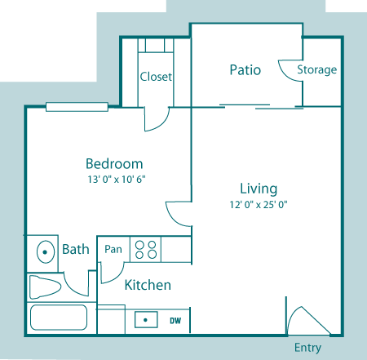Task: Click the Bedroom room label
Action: coord(115,163)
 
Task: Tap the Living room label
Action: coord(259,189)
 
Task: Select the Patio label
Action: coord(245,69)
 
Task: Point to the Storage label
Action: coord(316,69)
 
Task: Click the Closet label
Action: coord(156,77)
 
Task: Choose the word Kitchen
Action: coord(148,285)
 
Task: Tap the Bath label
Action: coord(76,249)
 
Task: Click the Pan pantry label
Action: coord(113,247)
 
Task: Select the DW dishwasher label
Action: coord(175,321)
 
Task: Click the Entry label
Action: coord(307,348)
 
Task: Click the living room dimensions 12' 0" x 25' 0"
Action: coord(259,205)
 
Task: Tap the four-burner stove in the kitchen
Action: coord(145,249)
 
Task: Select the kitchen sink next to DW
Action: coord(145,320)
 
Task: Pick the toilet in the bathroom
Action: coord(45,287)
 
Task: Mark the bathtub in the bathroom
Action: coord(62,318)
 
